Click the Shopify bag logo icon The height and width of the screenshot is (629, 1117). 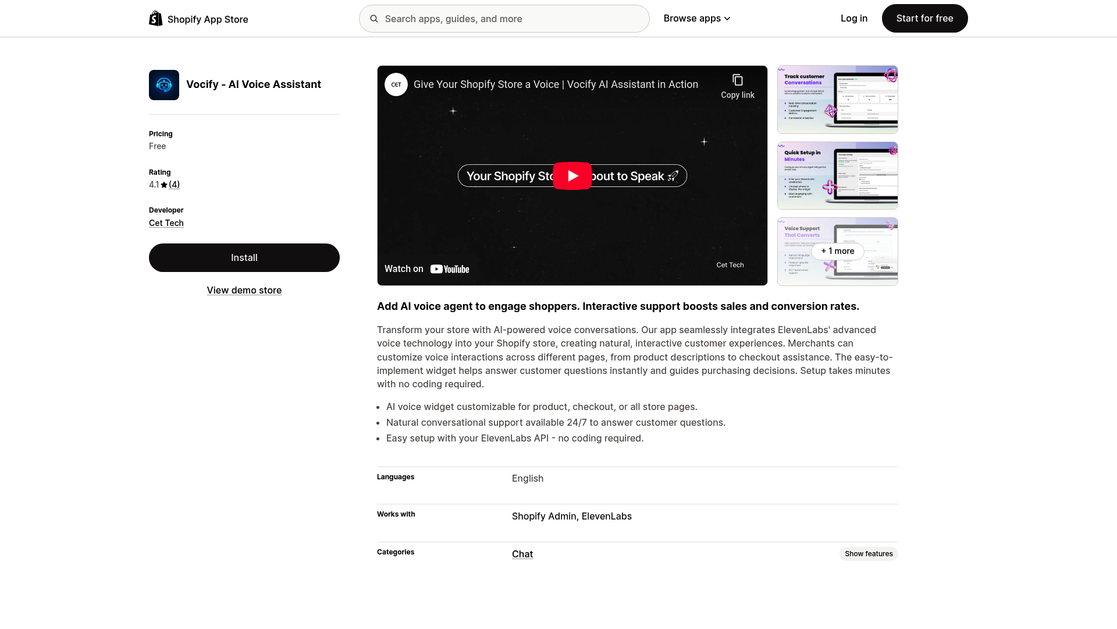pos(155,19)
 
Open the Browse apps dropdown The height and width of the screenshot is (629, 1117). pos(696,19)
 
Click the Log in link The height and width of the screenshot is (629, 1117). pos(853,19)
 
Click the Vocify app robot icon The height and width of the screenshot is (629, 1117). pos(164,85)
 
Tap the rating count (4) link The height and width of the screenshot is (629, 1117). pos(175,185)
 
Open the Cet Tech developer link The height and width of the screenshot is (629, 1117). pos(166,223)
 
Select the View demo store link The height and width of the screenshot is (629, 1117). pos(244,290)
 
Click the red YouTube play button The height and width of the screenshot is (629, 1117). pos(572,176)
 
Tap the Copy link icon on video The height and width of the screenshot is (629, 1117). pos(738,80)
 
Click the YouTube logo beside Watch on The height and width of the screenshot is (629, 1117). pos(450,269)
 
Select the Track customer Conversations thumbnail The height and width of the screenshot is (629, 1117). pos(837,100)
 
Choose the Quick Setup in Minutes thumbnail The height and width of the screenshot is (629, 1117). pos(837,176)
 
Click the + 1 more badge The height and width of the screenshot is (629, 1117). pos(837,251)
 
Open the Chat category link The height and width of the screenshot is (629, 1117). pos(522,554)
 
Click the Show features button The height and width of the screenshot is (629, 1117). pos(868,554)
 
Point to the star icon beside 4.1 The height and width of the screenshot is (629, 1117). pos(164,185)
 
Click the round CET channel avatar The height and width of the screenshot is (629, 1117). pos(396,84)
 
